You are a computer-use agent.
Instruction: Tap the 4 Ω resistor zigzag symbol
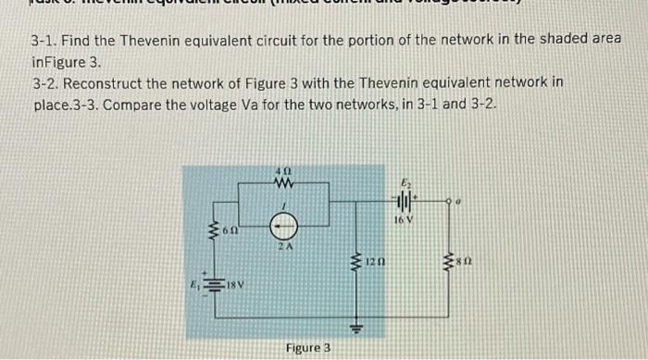pyautogui.click(x=284, y=182)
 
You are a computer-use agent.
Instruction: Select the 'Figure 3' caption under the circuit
pyautogui.click(x=308, y=347)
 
